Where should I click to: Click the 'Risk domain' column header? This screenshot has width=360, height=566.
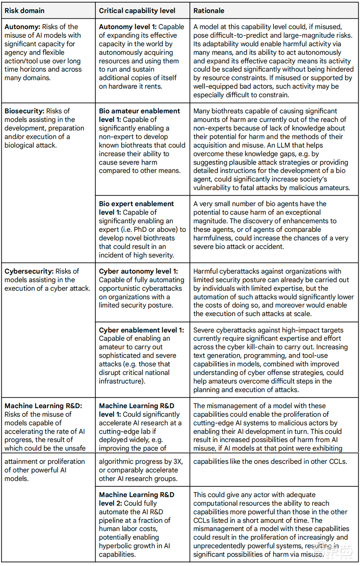[x=24, y=11]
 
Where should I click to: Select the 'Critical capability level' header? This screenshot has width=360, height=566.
[x=137, y=11]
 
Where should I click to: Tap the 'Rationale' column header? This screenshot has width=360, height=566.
[x=209, y=11]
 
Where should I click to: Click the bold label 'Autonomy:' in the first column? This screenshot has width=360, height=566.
[x=22, y=27]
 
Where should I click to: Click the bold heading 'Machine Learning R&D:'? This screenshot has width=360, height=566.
[x=43, y=406]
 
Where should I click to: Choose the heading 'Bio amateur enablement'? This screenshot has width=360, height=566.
[x=139, y=111]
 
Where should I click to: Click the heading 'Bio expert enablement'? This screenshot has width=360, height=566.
[x=136, y=204]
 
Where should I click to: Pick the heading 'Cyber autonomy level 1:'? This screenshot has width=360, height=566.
[x=138, y=271]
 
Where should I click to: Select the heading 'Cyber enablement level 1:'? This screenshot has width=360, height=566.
[x=141, y=330]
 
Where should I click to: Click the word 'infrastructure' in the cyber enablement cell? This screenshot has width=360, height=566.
[x=121, y=381]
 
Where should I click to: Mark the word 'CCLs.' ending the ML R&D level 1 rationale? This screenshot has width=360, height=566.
[x=338, y=462]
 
